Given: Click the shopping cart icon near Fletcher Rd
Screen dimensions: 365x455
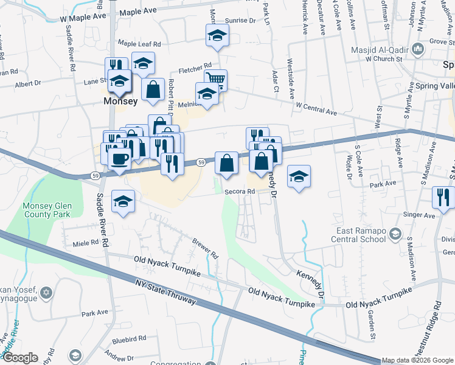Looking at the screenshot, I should click(x=215, y=78).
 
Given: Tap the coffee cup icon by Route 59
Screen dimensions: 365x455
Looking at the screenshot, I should click(x=119, y=159).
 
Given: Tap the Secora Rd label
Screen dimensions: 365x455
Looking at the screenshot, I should click(x=239, y=191).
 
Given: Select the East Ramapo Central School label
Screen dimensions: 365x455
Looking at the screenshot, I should click(x=362, y=235).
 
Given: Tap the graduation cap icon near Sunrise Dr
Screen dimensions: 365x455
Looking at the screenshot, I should click(x=217, y=36).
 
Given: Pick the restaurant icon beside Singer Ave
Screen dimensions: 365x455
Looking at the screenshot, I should click(x=443, y=196).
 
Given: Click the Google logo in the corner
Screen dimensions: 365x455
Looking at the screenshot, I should click(x=19, y=358).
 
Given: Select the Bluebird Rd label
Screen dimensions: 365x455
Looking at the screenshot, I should click(x=128, y=338).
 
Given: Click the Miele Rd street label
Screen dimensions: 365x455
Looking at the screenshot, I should click(x=85, y=242).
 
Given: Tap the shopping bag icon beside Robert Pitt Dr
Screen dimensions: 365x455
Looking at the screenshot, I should click(x=153, y=89).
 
